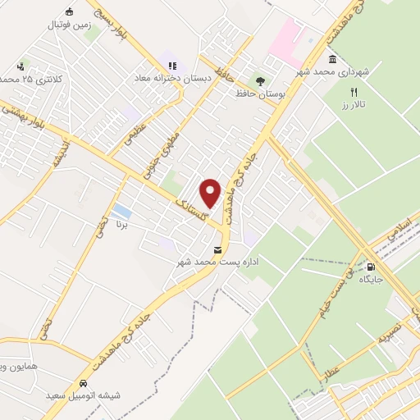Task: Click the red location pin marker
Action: point(211,193)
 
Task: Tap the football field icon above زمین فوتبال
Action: point(69,11)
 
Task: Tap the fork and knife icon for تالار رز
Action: point(354,93)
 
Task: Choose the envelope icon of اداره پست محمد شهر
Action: point(217,249)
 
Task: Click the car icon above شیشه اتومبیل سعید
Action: point(84,384)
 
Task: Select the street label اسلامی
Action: point(400,228)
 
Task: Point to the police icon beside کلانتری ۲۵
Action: point(20,65)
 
